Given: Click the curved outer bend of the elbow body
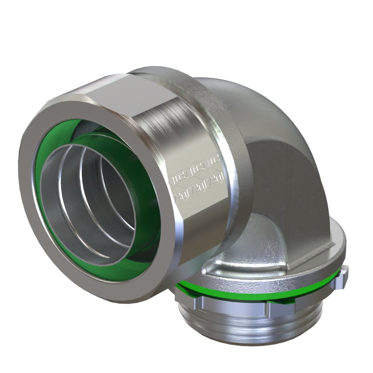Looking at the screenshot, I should click(x=261, y=107).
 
